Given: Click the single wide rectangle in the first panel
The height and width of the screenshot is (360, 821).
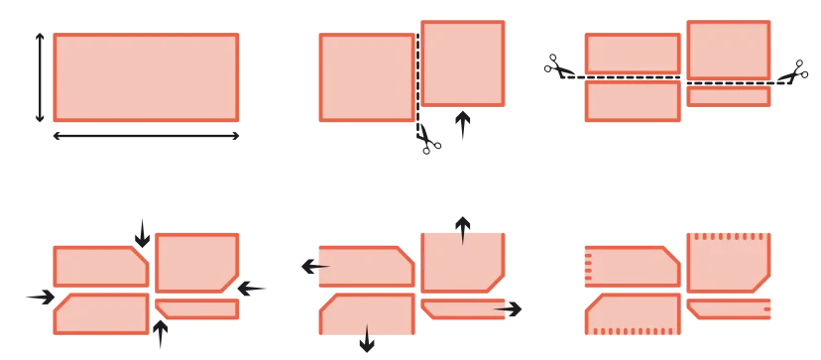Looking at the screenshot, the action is pos(146,77).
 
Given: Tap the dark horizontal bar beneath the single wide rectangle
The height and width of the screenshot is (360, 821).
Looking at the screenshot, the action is pos(146,134).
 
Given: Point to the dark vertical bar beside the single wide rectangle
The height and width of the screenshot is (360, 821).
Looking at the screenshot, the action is pos(39,79).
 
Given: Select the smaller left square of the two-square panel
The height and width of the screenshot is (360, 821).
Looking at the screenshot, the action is pos(366,78).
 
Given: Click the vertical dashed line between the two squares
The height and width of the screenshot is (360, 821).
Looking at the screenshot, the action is pos(418,69).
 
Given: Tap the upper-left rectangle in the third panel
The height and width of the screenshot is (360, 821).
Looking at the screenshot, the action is pos(633,54).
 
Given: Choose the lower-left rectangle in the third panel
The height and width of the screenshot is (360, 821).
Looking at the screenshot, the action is pos(633,101).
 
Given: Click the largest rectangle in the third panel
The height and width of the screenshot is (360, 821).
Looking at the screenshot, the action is pos(729,51).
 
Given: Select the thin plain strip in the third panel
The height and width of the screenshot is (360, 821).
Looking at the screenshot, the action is pos(729,97).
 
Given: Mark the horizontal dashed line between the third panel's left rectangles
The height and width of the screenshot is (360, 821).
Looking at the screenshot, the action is pos(633,77).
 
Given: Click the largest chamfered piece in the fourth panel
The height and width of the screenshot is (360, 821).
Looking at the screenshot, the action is pos(196,262).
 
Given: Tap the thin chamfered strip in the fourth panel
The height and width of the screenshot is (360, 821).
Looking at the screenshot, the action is pos(197,309).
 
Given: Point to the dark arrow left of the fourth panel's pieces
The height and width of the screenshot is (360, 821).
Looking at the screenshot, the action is pos(41,297).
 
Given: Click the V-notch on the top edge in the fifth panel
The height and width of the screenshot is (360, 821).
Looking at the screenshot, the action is pos(463,235).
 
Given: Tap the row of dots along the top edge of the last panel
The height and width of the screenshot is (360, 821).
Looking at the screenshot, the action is pos(729,236).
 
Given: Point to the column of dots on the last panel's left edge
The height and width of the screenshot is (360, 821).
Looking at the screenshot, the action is pos(587,265).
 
